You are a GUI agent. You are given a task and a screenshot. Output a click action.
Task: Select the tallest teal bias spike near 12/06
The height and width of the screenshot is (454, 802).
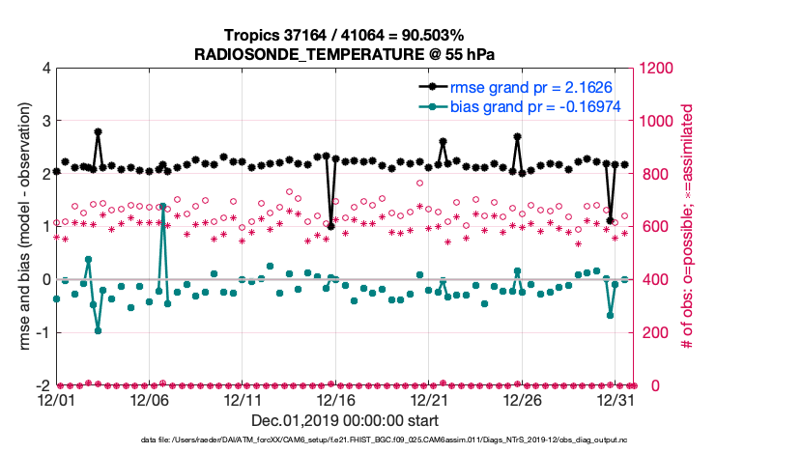pyautogui.click(x=162, y=206)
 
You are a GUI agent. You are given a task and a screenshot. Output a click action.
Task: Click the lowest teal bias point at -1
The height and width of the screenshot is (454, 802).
pyautogui.click(x=99, y=330)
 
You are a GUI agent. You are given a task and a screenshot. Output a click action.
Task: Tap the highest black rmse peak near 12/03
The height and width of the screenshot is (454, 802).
pyautogui.click(x=99, y=131)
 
